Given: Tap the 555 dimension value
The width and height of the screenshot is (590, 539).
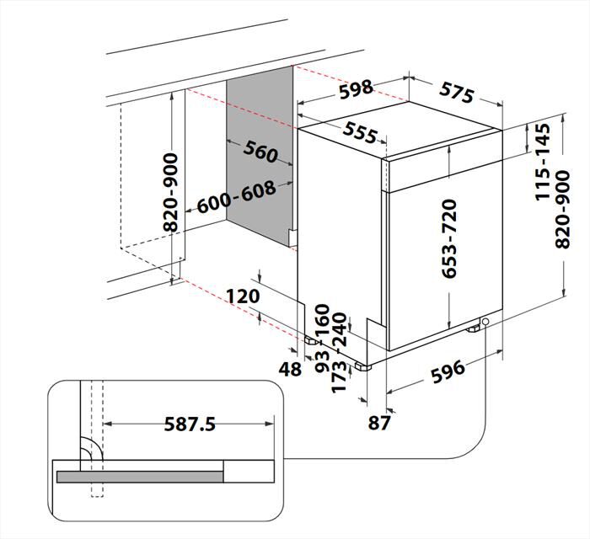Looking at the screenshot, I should pyautogui.click(x=360, y=131).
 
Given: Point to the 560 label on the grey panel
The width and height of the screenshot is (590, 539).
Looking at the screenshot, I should pyautogui.click(x=260, y=152).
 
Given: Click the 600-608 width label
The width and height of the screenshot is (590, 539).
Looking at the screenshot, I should pyautogui.click(x=237, y=199).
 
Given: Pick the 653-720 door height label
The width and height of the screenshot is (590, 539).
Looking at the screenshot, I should pyautogui.click(x=448, y=238).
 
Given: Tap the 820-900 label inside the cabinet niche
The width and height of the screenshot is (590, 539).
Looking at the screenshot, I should pyautogui.click(x=170, y=193).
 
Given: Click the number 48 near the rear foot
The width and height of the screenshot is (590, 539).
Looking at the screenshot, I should pyautogui.click(x=291, y=369).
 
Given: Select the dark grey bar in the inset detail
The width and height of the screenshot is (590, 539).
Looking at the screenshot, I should pyautogui.click(x=140, y=477).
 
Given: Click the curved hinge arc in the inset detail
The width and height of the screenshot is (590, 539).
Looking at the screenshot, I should pyautogui.click(x=88, y=451).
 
